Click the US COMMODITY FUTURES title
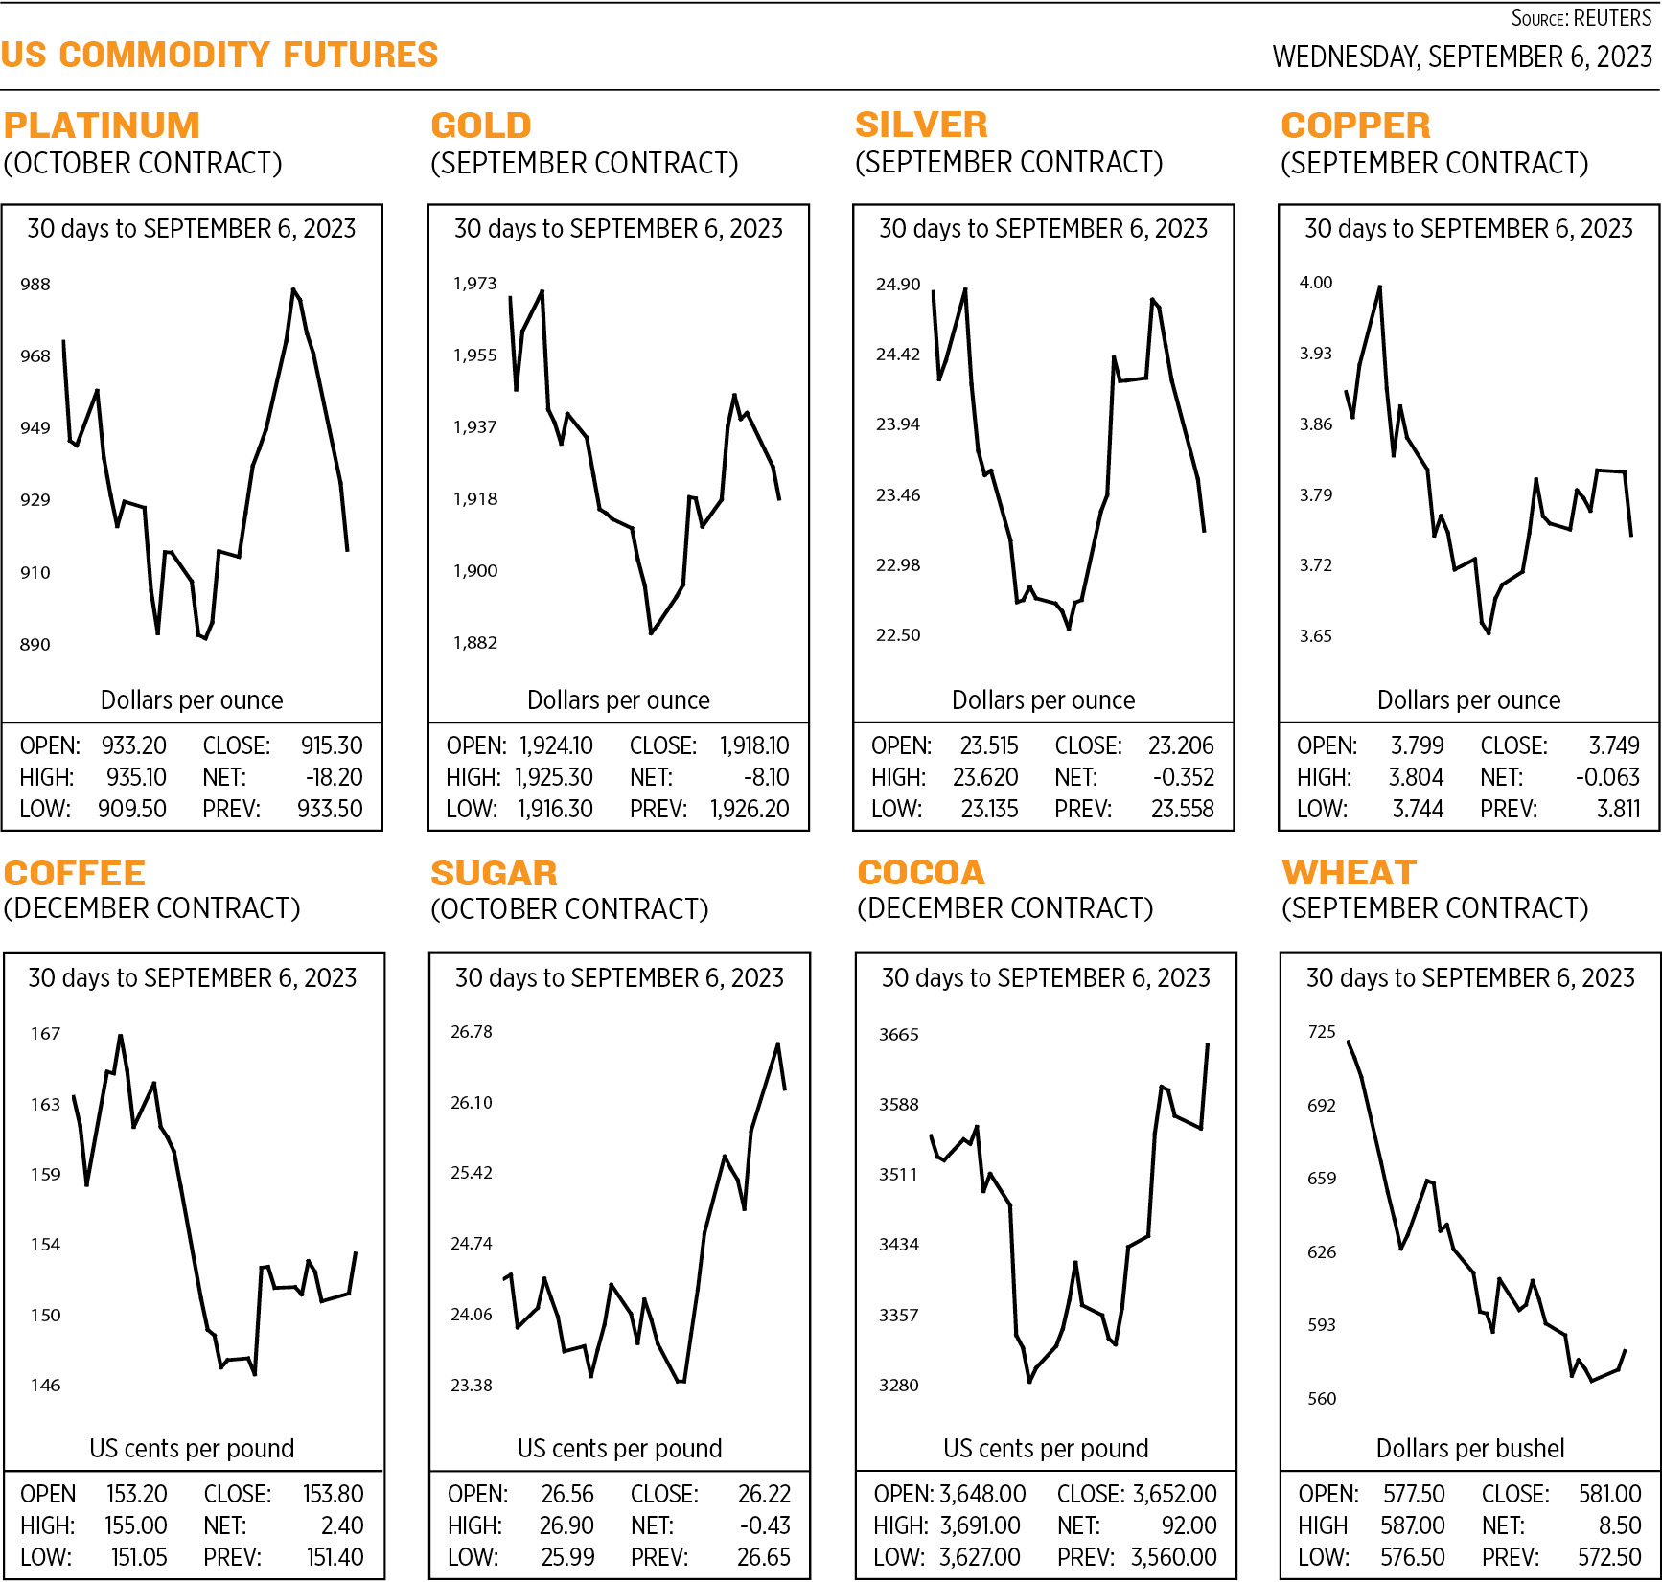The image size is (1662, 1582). tap(219, 55)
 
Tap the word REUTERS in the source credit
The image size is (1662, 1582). tap(1612, 18)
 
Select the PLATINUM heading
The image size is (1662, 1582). tap(102, 126)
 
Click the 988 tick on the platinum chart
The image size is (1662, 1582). tap(35, 285)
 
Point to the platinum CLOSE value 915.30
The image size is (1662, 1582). tap(332, 745)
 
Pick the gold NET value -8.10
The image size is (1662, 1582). tap(766, 777)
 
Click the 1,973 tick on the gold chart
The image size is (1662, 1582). tap(475, 284)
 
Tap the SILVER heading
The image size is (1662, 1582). tap(921, 125)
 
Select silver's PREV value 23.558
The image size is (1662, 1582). tap(1182, 809)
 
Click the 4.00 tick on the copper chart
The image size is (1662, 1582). tap(1316, 283)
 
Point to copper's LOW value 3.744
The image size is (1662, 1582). tap(1418, 809)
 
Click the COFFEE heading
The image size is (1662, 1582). tap(75, 873)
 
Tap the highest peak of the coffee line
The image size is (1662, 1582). tap(120, 1036)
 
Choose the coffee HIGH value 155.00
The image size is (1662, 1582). tap(136, 1525)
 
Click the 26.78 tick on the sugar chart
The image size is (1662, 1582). tap(472, 1032)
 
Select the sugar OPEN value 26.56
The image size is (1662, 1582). tap(567, 1494)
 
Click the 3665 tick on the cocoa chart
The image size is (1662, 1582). tap(899, 1035)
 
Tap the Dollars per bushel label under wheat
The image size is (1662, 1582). tap(1470, 1448)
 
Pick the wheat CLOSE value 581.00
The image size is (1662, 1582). tap(1610, 1494)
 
